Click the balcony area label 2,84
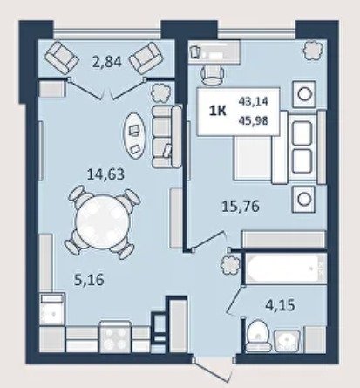106,62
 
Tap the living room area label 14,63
105,174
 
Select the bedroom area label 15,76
241,207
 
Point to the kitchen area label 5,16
90,280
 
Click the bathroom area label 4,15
281,305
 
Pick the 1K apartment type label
218,112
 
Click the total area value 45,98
254,120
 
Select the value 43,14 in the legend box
254,102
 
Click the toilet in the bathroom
258,337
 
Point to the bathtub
285,269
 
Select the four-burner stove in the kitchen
115,337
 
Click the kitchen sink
51,310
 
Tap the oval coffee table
134,136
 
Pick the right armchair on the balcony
146,58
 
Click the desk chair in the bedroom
212,74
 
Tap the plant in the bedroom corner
313,50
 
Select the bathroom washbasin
287,341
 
